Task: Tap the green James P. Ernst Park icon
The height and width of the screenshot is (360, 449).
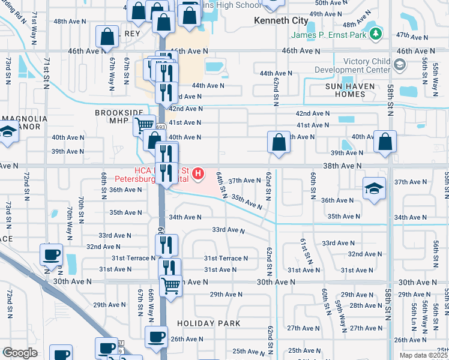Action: click(377, 34)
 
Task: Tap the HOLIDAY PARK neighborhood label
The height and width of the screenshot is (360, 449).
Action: click(208, 323)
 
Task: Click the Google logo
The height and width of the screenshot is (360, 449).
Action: click(19, 353)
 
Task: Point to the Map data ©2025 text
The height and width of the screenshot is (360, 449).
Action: click(423, 356)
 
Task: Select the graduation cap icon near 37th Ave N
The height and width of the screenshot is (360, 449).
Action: click(374, 188)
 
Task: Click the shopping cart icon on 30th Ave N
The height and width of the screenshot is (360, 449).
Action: click(171, 286)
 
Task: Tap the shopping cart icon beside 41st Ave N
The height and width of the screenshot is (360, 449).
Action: click(144, 125)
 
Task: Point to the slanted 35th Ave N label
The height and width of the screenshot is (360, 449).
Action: click(247, 200)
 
